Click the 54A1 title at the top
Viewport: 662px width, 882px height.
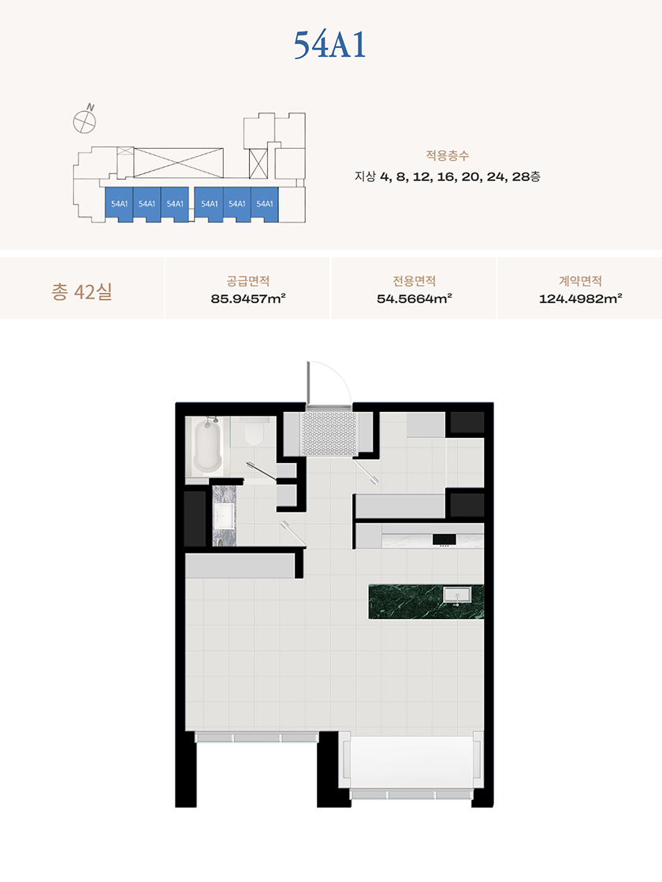tap(330, 45)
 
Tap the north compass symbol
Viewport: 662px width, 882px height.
tap(84, 121)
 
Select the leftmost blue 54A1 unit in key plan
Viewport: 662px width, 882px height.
tap(119, 204)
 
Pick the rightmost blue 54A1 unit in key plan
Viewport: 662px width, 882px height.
tap(265, 204)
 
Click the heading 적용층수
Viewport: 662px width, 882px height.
tap(448, 155)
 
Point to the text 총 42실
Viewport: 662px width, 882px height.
tap(82, 291)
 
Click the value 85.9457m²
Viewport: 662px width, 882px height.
tap(248, 298)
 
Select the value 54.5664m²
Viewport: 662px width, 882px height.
tap(415, 298)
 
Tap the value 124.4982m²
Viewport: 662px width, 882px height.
tap(580, 298)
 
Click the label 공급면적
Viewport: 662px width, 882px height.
tap(248, 280)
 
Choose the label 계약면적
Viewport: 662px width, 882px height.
tap(580, 280)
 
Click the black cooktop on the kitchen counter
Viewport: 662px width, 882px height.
tap(444, 540)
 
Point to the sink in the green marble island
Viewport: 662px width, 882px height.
tap(457, 595)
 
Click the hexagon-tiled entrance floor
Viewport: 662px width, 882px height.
tap(330, 434)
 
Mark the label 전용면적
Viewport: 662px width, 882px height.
tap(415, 280)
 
